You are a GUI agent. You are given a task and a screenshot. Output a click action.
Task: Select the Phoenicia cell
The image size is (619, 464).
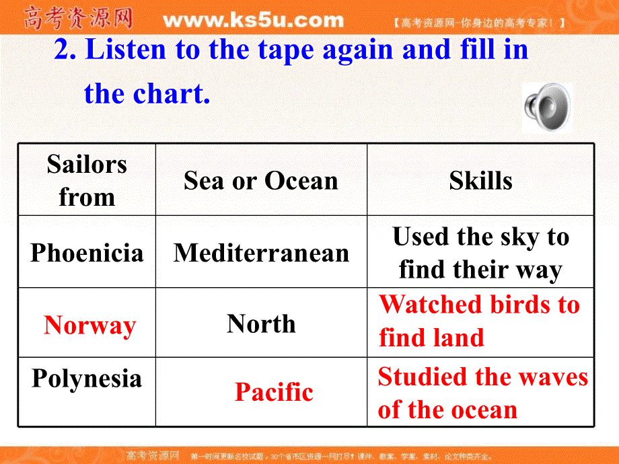coord(87,254)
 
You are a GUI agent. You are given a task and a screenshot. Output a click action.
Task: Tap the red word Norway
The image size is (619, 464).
coord(89,326)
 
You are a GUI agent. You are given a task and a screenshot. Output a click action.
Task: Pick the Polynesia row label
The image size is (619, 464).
coord(87,379)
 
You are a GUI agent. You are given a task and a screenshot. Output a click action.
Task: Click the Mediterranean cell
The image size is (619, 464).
coord(261,254)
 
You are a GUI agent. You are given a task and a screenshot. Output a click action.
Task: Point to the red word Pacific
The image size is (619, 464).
coord(274,392)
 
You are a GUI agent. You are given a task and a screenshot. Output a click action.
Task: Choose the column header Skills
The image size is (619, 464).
coord(480,181)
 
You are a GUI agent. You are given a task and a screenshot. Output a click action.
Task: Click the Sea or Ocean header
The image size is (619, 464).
coord(261,181)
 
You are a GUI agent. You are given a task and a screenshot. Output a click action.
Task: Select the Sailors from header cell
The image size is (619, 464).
coord(87,181)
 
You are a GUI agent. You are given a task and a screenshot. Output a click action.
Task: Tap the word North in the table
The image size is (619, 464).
coord(261,324)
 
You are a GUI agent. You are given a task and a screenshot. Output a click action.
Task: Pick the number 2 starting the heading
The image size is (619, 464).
coord(63,50)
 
